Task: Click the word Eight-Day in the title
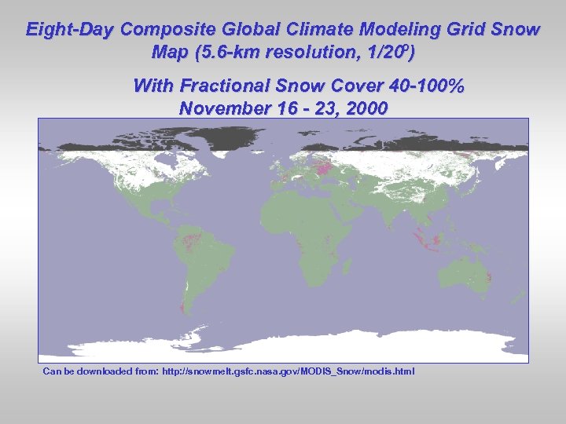pyautogui.click(x=70, y=31)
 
